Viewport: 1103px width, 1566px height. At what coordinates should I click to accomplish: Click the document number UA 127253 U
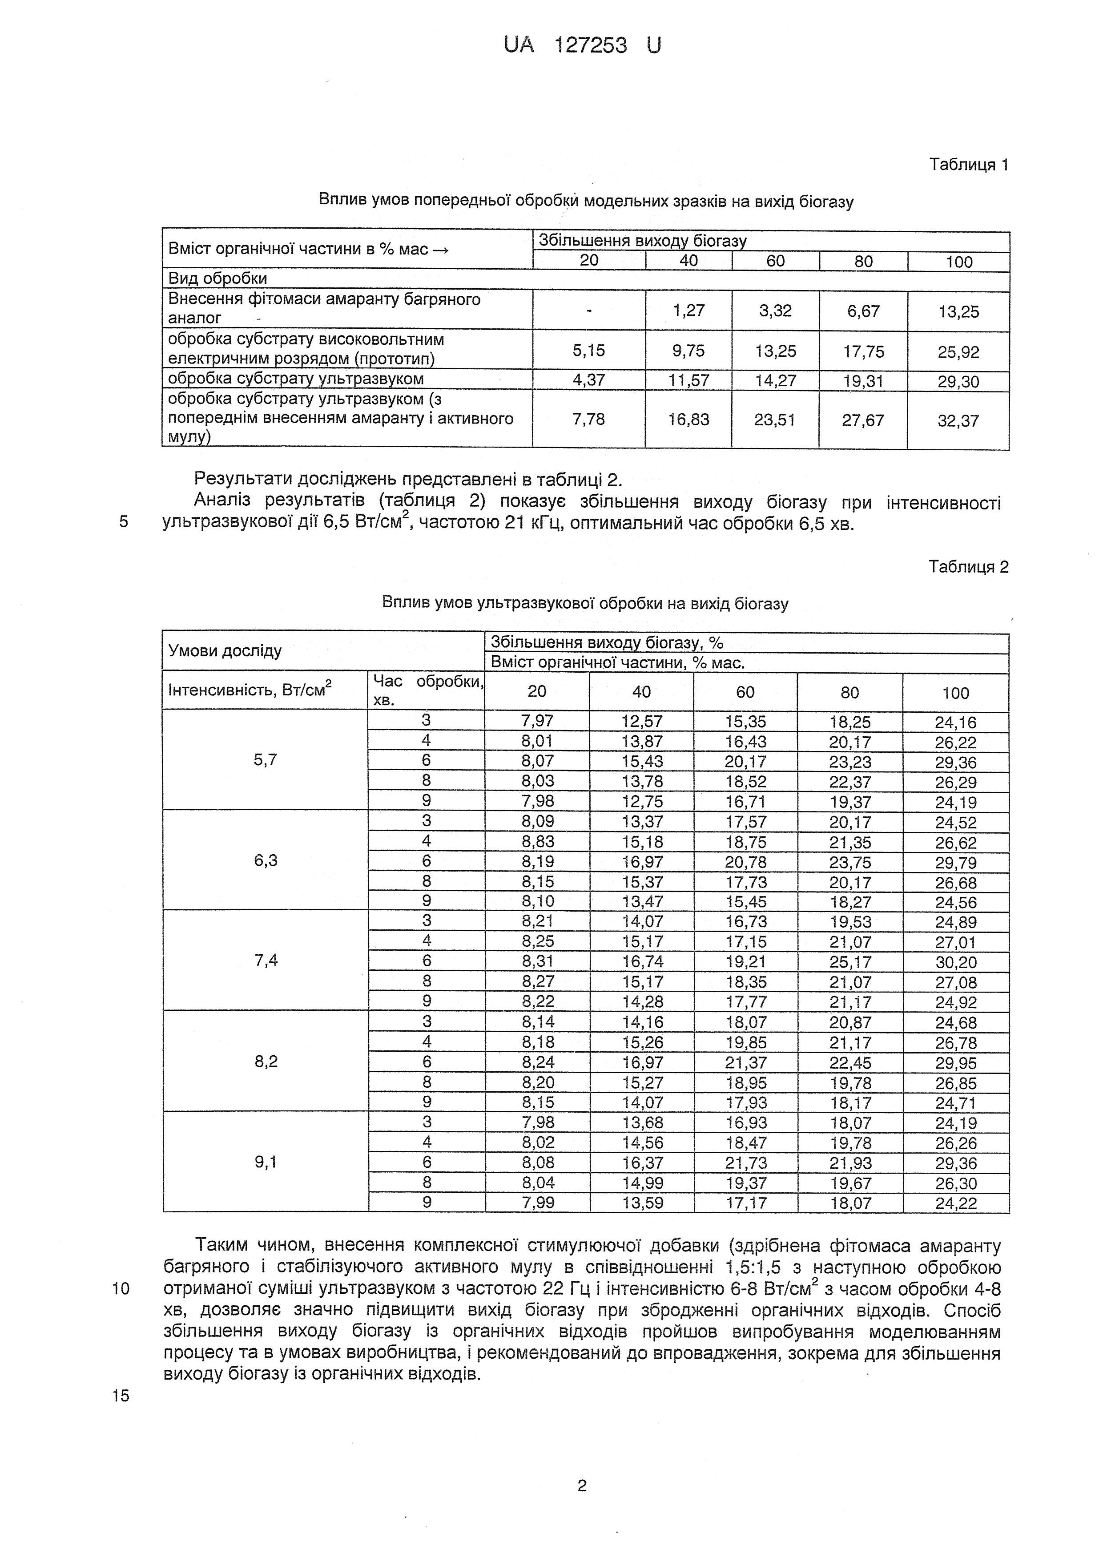pyautogui.click(x=582, y=46)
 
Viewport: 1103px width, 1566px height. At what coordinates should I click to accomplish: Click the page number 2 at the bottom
pyautogui.click(x=581, y=1485)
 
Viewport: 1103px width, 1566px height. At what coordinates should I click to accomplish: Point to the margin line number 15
pyautogui.click(x=121, y=1396)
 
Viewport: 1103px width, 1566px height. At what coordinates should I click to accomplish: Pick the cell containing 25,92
pyautogui.click(x=958, y=352)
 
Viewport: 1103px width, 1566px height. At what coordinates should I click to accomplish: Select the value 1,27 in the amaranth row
pyautogui.click(x=688, y=311)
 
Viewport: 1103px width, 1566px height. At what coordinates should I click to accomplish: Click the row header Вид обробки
pyautogui.click(x=217, y=278)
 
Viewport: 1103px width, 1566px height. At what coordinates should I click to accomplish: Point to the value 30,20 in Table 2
pyautogui.click(x=956, y=962)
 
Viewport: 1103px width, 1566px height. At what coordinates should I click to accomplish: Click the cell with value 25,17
pyautogui.click(x=849, y=962)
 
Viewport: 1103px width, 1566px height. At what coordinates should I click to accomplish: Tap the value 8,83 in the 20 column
pyautogui.click(x=537, y=842)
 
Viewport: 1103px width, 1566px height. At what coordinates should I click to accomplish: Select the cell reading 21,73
pyautogui.click(x=746, y=1163)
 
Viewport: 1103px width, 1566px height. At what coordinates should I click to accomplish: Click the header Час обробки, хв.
pyautogui.click(x=427, y=690)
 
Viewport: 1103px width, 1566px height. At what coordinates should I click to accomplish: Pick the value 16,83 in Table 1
pyautogui.click(x=688, y=420)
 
